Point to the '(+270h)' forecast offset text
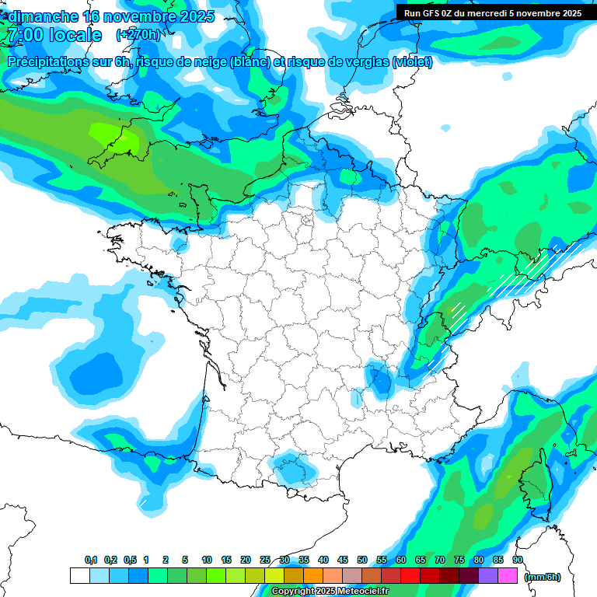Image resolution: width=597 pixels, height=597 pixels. point(138,35)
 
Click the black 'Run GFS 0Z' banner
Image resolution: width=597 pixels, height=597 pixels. point(492,12)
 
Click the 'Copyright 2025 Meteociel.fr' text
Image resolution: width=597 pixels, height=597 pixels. point(330,592)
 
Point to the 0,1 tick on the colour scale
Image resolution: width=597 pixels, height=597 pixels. point(91,560)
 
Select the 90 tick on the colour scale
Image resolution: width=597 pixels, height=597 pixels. point(517,560)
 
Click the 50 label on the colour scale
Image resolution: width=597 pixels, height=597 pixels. point(362,560)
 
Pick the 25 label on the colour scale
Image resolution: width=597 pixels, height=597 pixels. point(265,560)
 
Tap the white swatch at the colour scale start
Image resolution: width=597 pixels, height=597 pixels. point(79,575)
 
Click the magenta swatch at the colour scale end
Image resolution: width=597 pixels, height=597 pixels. point(507,575)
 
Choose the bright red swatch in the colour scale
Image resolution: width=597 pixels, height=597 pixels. point(410,575)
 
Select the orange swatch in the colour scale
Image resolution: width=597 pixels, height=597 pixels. point(312,575)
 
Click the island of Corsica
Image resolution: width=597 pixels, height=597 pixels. point(535,486)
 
